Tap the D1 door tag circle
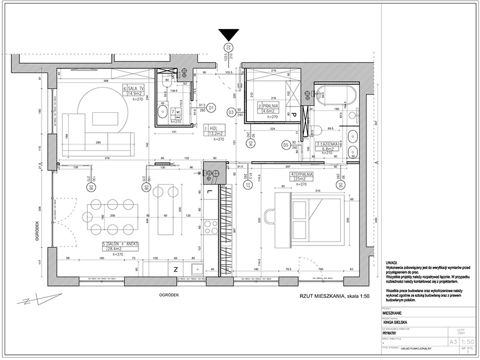[x=211, y=107]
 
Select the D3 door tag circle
[x=231, y=113]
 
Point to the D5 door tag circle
[x=285, y=145]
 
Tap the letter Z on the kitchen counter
[x=176, y=268]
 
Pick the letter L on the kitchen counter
[x=210, y=191]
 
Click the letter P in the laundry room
[x=295, y=114]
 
